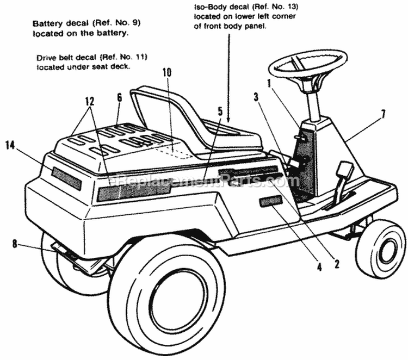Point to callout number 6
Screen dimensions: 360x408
point(119,98)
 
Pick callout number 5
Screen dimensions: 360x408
point(220,111)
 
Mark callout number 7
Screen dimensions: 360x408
point(383,114)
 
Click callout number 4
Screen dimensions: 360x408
point(320,266)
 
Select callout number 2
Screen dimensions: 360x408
point(337,265)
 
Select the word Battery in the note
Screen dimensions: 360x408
point(47,24)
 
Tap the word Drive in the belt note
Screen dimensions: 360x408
point(46,57)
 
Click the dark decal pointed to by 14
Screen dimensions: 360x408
point(66,178)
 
